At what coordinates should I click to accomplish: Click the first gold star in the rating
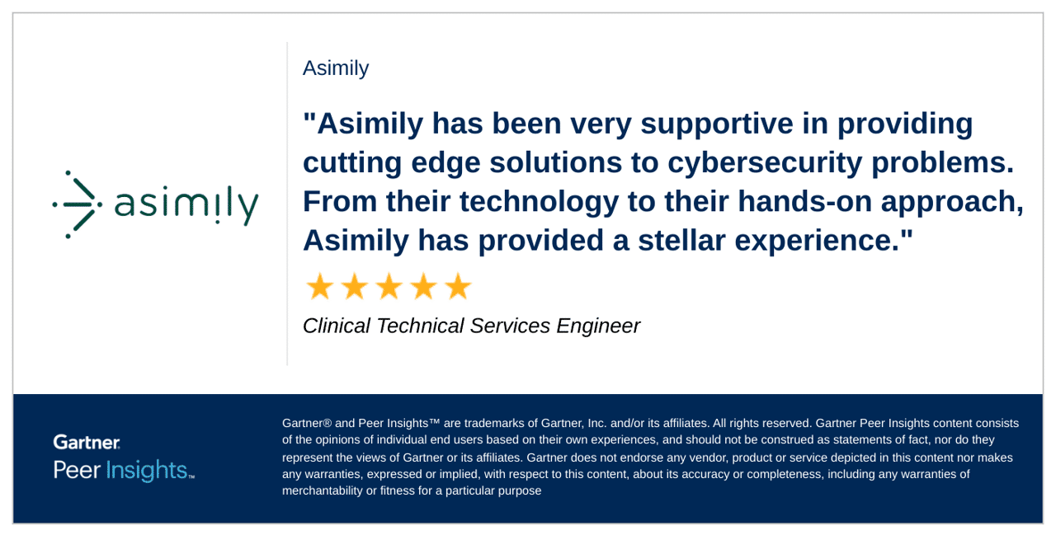(319, 286)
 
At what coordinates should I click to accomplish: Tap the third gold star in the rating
(389, 286)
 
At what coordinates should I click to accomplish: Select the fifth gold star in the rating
(458, 286)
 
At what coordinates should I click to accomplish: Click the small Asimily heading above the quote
(336, 68)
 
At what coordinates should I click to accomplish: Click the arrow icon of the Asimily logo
(77, 204)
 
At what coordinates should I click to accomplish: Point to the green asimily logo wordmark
(186, 205)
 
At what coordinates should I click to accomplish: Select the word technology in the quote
(540, 203)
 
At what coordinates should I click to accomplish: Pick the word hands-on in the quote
(804, 201)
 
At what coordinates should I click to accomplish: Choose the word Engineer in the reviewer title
(598, 326)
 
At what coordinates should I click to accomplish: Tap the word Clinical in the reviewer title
(336, 326)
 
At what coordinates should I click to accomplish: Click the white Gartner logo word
(87, 442)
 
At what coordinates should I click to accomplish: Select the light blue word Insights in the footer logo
(147, 471)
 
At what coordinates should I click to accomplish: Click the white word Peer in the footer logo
(77, 470)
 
